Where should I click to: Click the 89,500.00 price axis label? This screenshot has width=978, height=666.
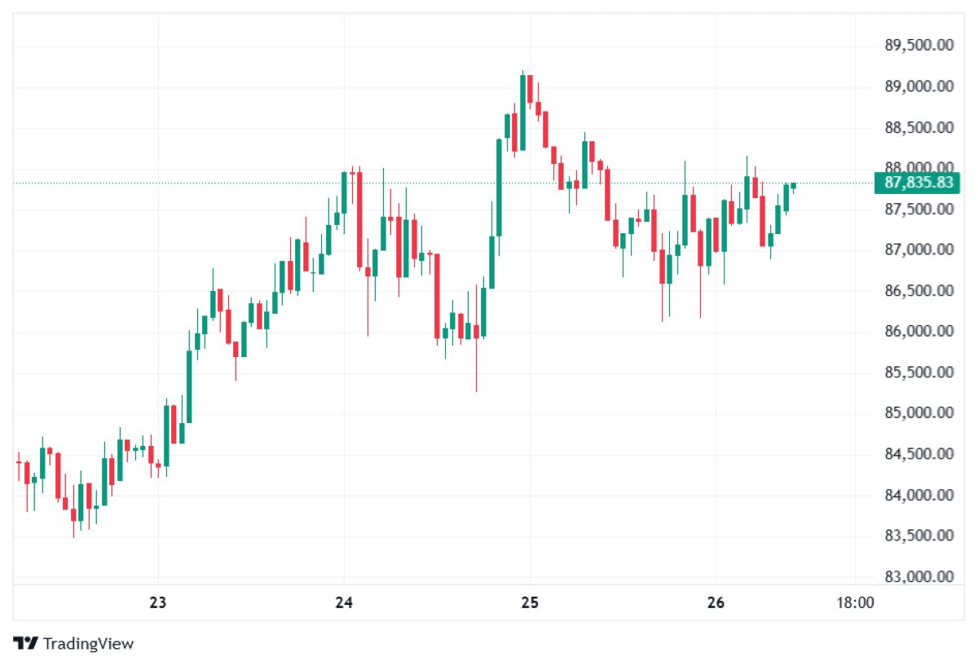tap(919, 46)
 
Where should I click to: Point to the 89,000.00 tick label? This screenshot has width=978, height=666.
tap(919, 86)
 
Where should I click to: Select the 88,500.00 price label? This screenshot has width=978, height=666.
tap(919, 127)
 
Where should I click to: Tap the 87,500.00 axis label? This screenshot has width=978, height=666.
tap(919, 209)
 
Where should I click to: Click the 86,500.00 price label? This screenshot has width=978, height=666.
tap(919, 290)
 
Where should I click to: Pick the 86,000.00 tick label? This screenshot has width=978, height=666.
tap(919, 331)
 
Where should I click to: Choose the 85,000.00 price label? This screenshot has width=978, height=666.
tap(919, 412)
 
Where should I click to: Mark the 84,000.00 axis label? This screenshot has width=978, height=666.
tap(919, 495)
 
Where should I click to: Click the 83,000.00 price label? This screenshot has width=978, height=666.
tap(919, 576)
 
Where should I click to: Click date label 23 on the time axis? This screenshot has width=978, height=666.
tap(158, 603)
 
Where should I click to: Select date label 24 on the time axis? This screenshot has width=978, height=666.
tap(344, 603)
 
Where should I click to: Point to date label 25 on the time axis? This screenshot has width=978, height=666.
tap(530, 603)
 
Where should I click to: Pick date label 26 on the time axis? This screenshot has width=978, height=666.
tap(716, 603)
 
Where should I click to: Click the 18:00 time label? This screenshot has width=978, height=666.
tap(855, 603)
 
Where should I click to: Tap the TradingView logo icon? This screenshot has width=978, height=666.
tap(26, 643)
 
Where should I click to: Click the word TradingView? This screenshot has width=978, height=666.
tap(88, 644)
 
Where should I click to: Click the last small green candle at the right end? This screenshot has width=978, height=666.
tap(793, 186)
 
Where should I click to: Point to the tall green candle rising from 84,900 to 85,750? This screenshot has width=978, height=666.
tap(189, 386)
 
